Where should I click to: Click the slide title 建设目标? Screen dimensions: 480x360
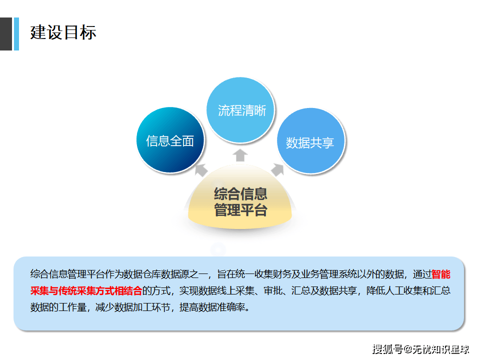click(63, 32)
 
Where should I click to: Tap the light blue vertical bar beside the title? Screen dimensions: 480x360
click(16, 34)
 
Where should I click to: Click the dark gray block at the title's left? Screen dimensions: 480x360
click(6, 34)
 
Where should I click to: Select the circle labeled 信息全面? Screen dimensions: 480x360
click(170, 140)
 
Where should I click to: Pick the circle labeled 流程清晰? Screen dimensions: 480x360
click(240, 110)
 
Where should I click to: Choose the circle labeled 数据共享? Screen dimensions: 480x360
click(310, 141)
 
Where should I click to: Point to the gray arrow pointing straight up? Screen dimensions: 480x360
click(240, 155)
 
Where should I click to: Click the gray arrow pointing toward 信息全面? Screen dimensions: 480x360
click(201, 169)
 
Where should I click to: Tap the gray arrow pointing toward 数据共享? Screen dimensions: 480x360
click(277, 169)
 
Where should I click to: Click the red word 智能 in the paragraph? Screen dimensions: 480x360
click(441, 274)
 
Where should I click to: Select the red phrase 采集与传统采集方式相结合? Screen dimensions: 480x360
click(86, 290)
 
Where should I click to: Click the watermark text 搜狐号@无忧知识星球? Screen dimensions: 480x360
click(420, 349)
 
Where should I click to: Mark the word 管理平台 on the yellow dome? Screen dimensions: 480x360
click(240, 210)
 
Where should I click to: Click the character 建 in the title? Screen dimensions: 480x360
click(38, 32)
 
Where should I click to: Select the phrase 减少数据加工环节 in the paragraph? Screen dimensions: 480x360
click(132, 307)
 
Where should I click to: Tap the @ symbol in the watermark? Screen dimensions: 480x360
click(408, 349)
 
